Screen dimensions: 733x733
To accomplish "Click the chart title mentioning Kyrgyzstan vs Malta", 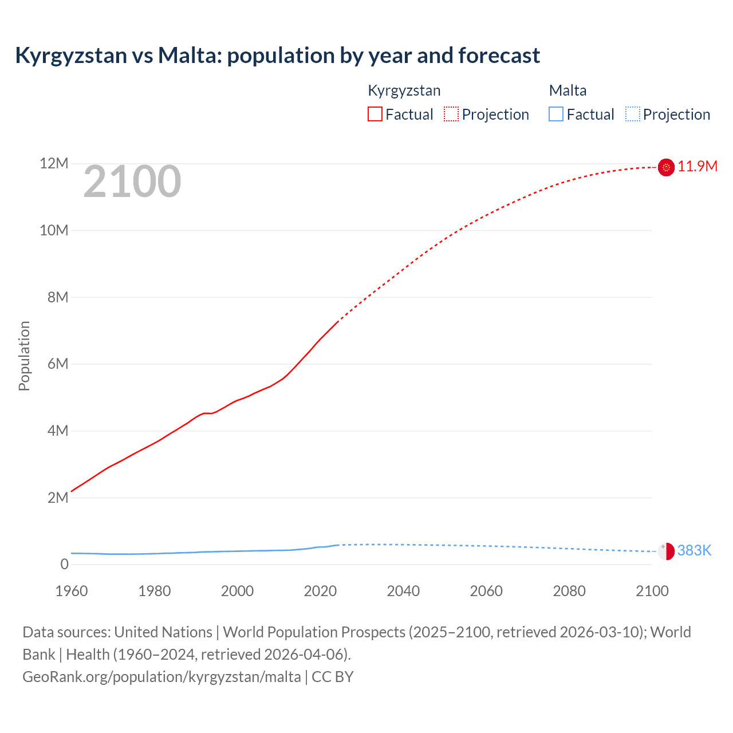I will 277,56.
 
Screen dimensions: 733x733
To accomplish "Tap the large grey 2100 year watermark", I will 132,182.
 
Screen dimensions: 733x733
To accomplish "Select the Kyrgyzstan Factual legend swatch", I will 375,115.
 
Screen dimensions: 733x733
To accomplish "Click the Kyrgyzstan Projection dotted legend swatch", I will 451,115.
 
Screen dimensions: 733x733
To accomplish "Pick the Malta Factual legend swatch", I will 556,115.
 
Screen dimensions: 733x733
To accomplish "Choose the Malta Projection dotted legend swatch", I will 633,115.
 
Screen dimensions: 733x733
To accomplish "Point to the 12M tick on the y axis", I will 54,164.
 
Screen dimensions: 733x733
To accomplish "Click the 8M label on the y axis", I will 57,297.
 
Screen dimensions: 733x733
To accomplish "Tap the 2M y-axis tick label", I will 57,498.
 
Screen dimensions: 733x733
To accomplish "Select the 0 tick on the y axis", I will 64,564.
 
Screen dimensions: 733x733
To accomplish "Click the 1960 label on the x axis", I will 72,591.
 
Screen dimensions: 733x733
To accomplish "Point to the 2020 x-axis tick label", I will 320,591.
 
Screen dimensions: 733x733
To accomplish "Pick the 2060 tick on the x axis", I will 486,591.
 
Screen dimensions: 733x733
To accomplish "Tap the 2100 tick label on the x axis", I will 652,591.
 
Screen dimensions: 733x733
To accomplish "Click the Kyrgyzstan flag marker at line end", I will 666,167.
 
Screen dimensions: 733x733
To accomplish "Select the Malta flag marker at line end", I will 666,551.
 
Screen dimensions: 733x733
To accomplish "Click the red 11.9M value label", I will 697,167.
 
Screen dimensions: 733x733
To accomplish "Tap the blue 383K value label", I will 694,551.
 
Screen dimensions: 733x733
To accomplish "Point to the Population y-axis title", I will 24,356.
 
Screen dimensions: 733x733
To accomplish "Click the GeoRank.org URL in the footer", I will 161,677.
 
